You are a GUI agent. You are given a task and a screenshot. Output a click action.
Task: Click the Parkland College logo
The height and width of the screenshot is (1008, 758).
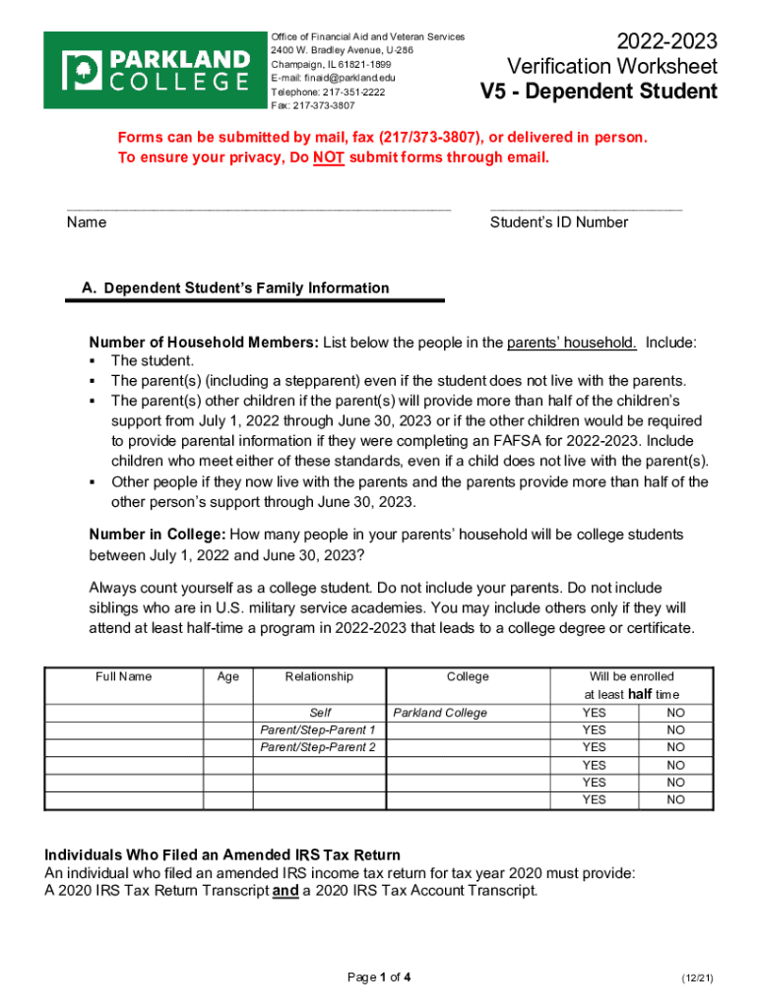coord(156,70)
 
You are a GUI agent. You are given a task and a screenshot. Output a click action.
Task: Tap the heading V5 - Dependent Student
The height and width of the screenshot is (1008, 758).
coord(599,93)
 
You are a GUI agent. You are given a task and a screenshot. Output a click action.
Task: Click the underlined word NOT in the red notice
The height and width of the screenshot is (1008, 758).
coord(328,157)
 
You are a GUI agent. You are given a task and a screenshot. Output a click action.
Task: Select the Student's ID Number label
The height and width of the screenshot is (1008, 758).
coord(558,222)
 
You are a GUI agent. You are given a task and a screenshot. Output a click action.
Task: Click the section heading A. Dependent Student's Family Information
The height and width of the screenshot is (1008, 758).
coord(235,288)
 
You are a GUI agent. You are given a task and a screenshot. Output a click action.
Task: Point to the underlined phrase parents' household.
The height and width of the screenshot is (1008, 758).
coord(571,343)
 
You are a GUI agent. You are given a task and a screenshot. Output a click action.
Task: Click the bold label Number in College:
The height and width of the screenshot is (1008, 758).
coord(158,534)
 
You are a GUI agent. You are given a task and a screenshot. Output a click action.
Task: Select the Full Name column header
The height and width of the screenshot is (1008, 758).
coord(124,677)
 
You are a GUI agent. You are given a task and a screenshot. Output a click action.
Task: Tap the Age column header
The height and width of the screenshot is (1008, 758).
coord(227,677)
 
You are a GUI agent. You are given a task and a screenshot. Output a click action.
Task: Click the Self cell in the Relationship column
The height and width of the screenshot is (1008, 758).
coord(320,713)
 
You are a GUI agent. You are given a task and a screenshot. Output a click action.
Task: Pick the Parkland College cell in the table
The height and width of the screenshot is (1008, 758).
coord(440,713)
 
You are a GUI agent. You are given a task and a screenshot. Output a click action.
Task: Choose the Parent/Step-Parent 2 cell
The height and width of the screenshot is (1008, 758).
coord(318,748)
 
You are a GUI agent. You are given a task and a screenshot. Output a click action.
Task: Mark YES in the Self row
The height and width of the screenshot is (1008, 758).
coord(594,713)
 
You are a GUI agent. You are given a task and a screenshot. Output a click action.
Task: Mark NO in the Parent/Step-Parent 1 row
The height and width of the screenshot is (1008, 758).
coord(675,730)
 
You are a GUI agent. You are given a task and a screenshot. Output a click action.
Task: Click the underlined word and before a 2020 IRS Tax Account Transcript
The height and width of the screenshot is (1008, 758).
coord(285,891)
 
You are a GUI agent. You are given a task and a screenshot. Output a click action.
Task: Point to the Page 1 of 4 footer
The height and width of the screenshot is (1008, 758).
coord(379,977)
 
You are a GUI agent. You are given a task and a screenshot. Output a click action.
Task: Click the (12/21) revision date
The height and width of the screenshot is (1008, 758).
coord(696,977)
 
